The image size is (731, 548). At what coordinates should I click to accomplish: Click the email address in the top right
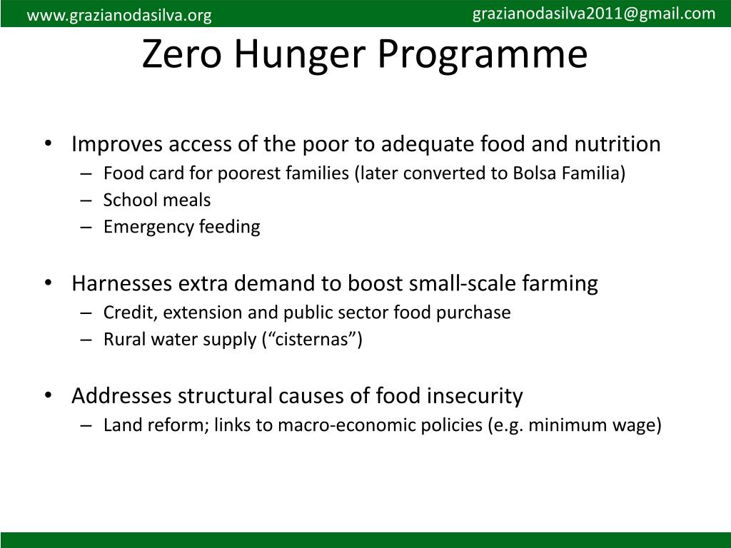click(x=594, y=14)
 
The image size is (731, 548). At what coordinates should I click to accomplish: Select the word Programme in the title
click(x=484, y=55)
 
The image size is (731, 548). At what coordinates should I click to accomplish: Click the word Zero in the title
click(x=183, y=55)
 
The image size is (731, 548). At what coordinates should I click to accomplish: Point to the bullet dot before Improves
click(x=48, y=144)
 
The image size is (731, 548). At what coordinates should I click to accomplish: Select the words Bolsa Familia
click(x=567, y=173)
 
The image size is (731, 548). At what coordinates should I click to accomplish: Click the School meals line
click(x=157, y=201)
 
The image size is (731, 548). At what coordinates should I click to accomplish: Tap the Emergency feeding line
click(x=181, y=228)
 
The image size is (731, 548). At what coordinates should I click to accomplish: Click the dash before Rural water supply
click(x=86, y=340)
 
